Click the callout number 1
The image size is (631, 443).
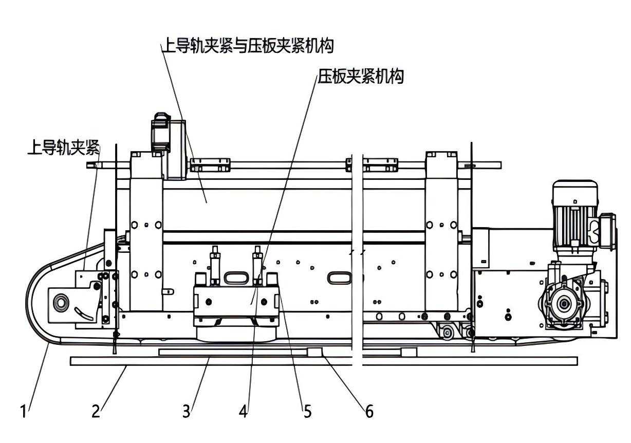23,412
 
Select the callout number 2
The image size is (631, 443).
96,412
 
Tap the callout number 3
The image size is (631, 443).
186,412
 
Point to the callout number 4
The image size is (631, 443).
244,412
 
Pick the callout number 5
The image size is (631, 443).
307,412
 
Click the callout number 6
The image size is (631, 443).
369,412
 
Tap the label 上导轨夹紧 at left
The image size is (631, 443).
63,149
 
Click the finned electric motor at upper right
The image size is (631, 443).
574,213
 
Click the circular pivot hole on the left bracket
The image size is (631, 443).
61,302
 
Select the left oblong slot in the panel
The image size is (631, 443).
235,278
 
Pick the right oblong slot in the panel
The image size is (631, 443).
340,278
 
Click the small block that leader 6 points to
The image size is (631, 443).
314,352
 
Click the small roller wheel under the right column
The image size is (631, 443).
447,332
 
